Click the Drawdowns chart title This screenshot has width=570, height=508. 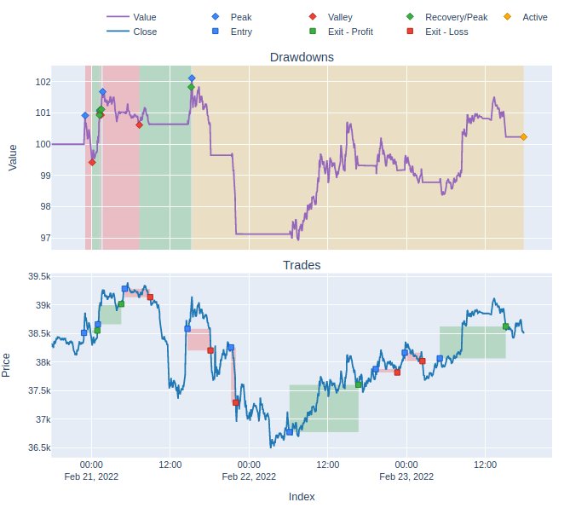(x=301, y=57)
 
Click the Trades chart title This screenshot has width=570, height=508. (x=301, y=265)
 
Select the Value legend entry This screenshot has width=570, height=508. (x=145, y=17)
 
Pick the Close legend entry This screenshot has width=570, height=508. (x=145, y=32)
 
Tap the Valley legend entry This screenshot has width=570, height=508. (x=339, y=17)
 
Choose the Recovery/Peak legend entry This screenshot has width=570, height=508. (x=456, y=17)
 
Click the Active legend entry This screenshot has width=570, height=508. (x=535, y=17)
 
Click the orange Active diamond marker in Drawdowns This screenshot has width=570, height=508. (x=523, y=136)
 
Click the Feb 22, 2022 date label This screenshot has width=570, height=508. (x=249, y=476)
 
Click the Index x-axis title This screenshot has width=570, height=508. (x=301, y=496)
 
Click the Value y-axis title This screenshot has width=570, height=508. (x=12, y=158)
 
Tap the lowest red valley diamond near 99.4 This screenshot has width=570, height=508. (x=91, y=162)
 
